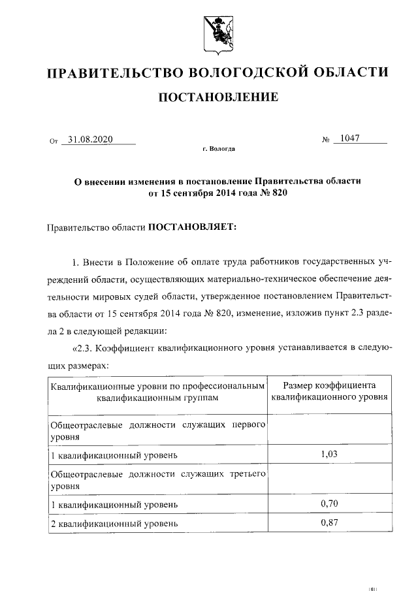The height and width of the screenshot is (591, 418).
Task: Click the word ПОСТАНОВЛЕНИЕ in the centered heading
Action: pos(218,98)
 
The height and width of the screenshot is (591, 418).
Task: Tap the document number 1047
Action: pos(350,138)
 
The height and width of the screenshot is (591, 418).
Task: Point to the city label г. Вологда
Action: pos(218,149)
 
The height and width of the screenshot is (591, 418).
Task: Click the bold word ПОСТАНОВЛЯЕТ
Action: pos(195,228)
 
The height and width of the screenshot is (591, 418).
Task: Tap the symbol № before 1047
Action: pos(326,140)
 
